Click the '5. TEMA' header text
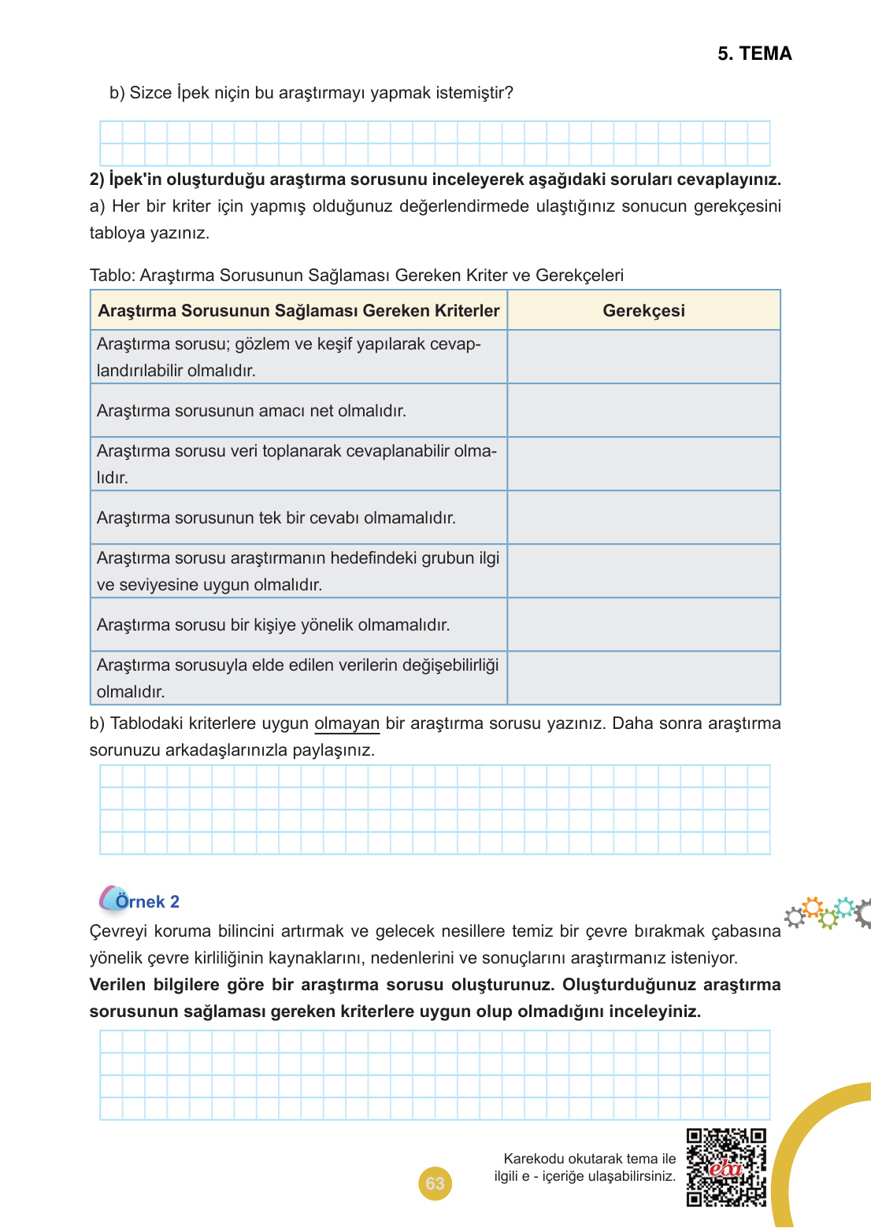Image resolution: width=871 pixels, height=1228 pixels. pos(754,54)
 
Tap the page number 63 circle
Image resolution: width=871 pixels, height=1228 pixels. pos(435,1183)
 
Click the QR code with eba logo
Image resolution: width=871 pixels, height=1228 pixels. pos(725,1167)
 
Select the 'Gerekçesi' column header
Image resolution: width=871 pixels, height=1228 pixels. pos(643,311)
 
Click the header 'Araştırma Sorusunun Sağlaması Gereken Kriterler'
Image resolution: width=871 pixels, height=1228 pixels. pos(298,311)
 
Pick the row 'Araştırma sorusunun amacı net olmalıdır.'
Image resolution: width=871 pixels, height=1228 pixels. pos(251,411)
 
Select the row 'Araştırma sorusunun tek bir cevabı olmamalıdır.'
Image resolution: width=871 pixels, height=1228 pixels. pos(276,518)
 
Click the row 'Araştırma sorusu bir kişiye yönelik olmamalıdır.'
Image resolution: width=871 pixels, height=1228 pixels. pos(272,625)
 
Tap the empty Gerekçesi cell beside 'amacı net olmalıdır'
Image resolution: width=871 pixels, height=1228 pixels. pos(643,411)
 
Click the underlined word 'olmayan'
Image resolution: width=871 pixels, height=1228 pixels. pos(347,723)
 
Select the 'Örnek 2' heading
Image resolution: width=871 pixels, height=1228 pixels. pos(147,901)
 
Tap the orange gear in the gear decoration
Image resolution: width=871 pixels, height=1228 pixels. pos(813,906)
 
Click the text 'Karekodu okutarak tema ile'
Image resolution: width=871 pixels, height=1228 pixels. pos(589,1159)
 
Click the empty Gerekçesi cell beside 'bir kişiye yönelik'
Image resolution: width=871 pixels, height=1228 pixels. pos(643,625)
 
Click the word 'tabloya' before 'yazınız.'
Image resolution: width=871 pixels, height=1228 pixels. pos(118,233)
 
